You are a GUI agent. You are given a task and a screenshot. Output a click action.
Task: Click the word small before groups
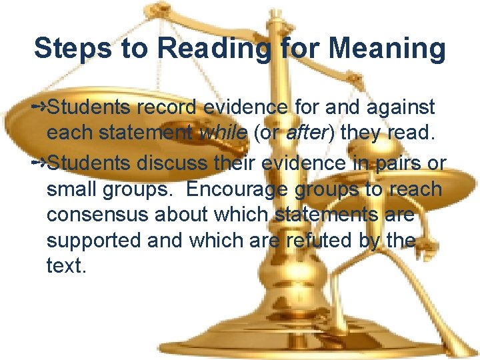point(71,189)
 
